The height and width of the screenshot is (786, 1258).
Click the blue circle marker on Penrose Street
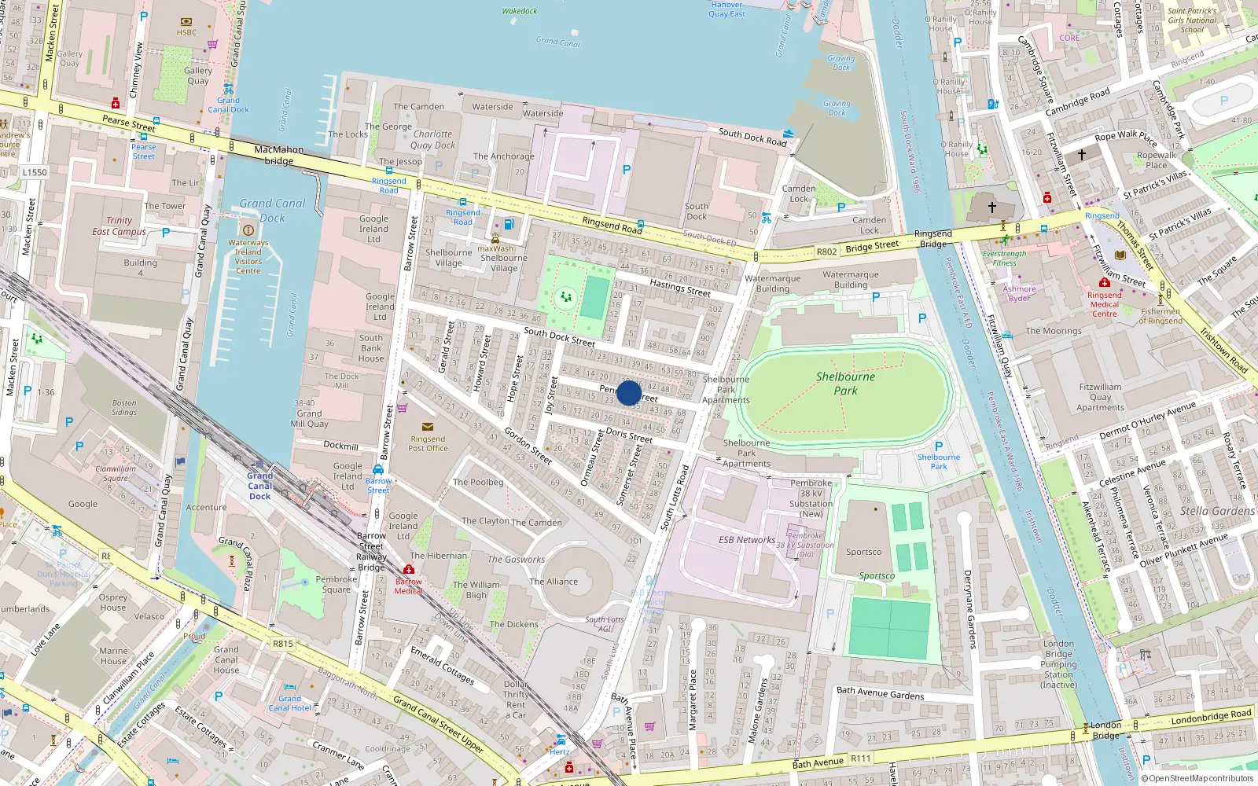coord(629,393)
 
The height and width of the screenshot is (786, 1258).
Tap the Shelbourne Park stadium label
coord(845,384)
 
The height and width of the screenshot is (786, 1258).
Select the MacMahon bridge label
coord(278,155)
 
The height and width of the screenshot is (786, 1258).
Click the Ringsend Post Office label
coord(428,444)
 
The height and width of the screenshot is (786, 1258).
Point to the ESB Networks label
coord(746,540)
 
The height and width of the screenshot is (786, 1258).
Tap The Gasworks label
coord(516,560)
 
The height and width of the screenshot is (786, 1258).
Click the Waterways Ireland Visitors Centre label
coord(248,257)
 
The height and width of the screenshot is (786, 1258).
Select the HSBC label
coord(186,33)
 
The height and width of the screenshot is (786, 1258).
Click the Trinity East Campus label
coord(119,226)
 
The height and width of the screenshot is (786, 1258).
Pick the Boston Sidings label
coord(124,407)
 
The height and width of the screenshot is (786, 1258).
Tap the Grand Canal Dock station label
coord(260,486)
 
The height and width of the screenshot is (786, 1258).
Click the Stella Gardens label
coord(1217,511)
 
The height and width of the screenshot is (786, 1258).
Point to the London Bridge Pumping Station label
coord(1058,664)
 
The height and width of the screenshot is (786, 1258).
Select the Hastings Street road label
coord(680,288)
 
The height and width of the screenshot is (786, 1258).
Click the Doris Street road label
coord(629,435)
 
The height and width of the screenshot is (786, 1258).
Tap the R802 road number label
coord(826,252)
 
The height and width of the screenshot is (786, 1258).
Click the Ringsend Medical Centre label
coord(1104,304)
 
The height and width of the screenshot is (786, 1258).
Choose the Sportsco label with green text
coord(877,576)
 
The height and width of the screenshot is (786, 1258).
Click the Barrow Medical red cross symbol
coord(408,569)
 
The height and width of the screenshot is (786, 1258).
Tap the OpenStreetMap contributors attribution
coord(1197,779)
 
